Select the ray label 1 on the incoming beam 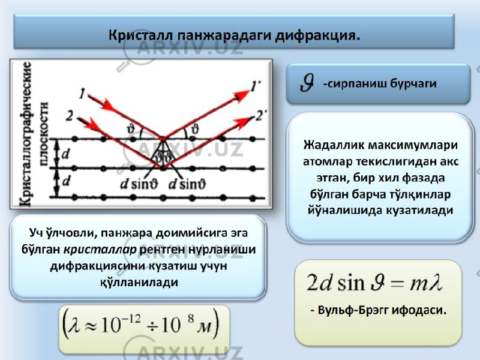click(x=82, y=93)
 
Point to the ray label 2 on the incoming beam click(x=70, y=116)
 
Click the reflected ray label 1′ click(x=256, y=86)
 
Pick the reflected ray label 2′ click(x=261, y=116)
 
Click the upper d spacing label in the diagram click(x=65, y=154)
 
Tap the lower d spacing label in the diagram click(x=65, y=181)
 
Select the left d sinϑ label click(x=139, y=184)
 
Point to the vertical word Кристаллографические click(x=26, y=133)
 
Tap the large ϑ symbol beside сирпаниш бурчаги click(x=307, y=83)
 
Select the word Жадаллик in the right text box click(x=334, y=145)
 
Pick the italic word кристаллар click(x=100, y=250)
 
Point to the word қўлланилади click(x=139, y=282)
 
